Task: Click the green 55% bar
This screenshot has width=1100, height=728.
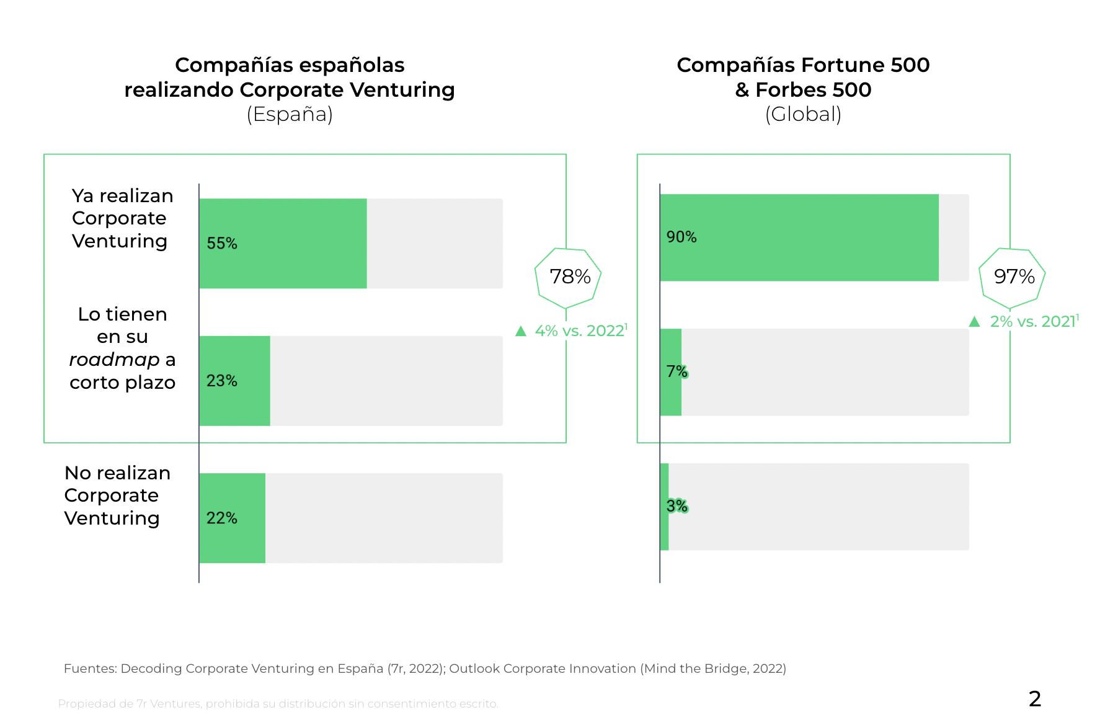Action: click(x=283, y=243)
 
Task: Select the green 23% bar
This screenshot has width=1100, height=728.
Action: click(x=234, y=381)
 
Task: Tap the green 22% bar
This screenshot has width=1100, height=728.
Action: click(x=232, y=518)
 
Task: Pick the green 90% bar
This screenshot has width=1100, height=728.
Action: click(x=799, y=237)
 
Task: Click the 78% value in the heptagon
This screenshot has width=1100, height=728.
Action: click(x=570, y=277)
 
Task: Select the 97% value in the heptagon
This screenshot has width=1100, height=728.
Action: click(x=1014, y=277)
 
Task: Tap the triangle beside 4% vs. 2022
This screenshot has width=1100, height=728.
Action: click(x=521, y=331)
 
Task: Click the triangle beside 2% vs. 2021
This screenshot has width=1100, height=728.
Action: click(x=974, y=321)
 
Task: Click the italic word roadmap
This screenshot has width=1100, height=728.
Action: click(x=114, y=360)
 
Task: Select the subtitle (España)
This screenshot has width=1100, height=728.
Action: click(x=290, y=114)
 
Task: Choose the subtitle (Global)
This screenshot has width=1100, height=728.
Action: click(x=803, y=114)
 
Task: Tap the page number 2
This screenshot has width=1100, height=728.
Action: click(x=1034, y=699)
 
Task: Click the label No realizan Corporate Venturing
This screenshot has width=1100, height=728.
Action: click(x=117, y=495)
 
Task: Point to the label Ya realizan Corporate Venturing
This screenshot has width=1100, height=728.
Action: click(x=122, y=218)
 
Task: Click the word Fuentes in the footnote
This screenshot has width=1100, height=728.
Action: click(x=90, y=668)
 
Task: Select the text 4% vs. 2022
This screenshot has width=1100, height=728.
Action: click(x=579, y=331)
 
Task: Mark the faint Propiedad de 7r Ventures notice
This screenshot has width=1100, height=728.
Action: click(x=278, y=704)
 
